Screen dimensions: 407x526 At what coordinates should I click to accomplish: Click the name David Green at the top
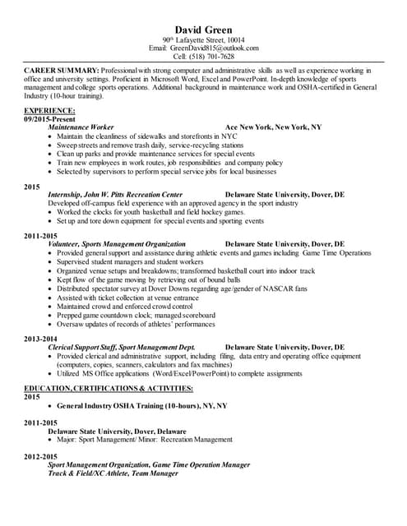203,30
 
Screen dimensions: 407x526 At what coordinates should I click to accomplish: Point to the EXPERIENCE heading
49,110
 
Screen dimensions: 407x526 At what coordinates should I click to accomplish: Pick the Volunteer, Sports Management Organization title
117,244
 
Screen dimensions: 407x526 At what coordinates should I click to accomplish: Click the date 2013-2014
40,339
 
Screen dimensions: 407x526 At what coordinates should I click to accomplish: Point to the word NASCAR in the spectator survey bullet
294,288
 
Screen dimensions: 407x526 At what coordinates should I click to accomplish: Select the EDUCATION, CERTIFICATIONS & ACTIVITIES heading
109,387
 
